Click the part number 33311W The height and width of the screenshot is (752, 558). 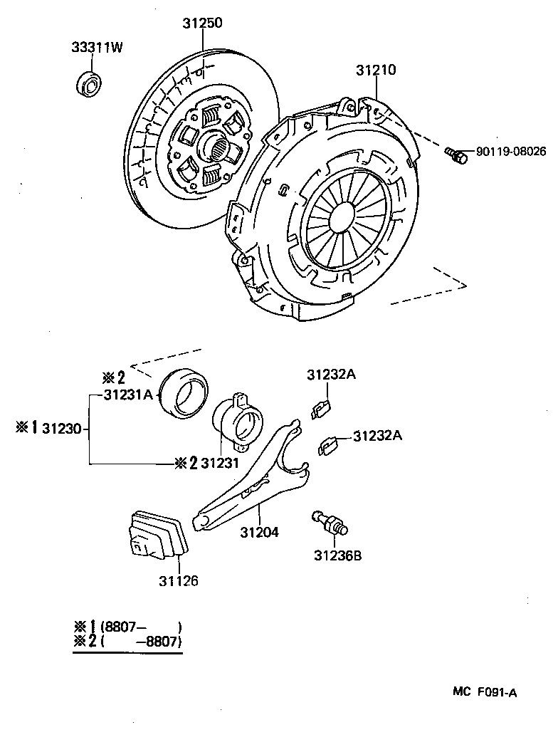97,48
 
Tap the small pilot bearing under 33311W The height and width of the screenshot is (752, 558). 89,83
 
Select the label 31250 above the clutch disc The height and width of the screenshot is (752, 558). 201,23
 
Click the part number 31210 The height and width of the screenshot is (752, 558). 375,70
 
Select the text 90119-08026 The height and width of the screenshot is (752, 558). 510,152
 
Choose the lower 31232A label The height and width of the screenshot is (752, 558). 377,436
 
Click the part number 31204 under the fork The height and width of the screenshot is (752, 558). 259,532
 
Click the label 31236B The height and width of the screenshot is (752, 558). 337,555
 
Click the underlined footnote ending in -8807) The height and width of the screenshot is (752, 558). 128,642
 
